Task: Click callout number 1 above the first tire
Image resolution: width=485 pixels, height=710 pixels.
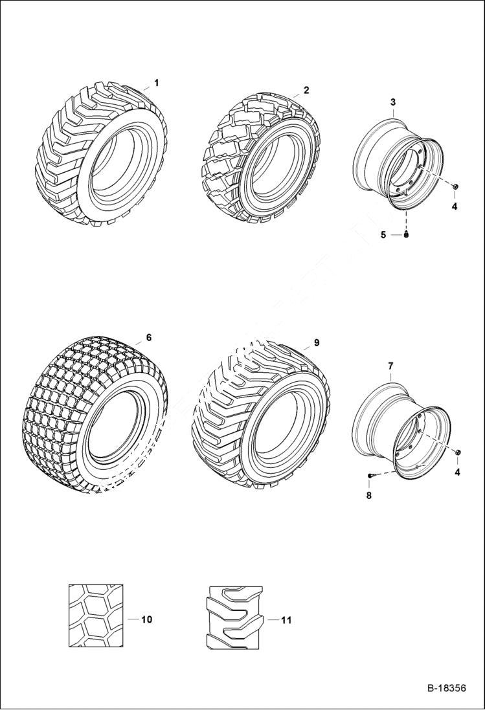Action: click(x=156, y=83)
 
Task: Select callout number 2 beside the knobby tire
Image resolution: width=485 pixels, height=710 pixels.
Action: click(x=306, y=90)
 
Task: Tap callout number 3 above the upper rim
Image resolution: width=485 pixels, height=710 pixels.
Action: click(x=392, y=102)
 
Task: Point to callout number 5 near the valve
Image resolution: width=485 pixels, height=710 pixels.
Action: click(x=383, y=234)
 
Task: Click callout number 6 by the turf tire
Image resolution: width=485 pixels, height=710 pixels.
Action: click(x=148, y=337)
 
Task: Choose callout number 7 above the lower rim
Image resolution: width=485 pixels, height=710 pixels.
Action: click(x=390, y=366)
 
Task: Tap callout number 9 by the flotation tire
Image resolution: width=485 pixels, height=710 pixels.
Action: click(x=317, y=342)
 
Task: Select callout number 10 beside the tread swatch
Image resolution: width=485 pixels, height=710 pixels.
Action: click(x=146, y=619)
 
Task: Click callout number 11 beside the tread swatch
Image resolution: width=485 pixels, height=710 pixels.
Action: click(x=286, y=620)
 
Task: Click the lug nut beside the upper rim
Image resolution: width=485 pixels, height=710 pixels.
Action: click(x=456, y=187)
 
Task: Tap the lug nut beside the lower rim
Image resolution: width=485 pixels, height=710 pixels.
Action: click(x=458, y=451)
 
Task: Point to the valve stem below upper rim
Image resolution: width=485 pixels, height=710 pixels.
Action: click(x=406, y=235)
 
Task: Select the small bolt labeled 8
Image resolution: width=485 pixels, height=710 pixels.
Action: click(x=371, y=476)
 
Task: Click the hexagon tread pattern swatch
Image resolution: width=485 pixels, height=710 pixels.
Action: click(x=95, y=616)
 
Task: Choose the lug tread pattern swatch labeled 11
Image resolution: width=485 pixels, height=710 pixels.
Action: click(x=234, y=618)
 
